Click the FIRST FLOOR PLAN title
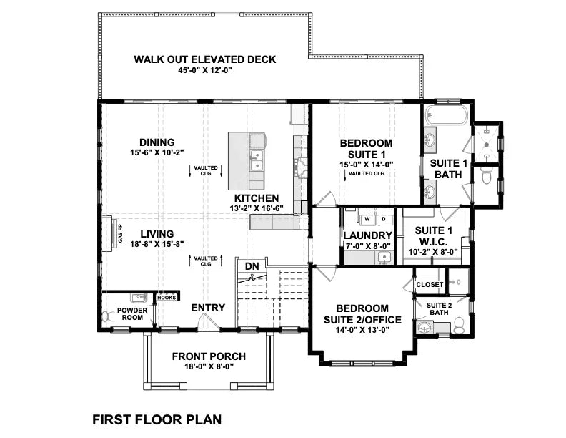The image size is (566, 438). tap(157, 419)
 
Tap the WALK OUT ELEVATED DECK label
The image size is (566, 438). tap(204, 59)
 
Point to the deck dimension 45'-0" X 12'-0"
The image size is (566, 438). tap(204, 70)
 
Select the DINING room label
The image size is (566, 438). tap(157, 142)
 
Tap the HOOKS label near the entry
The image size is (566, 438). tap(167, 297)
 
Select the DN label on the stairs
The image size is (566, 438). tap(252, 266)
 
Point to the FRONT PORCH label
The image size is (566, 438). tap(209, 356)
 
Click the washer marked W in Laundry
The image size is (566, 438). tap(367, 218)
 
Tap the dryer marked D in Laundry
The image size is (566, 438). tap(382, 218)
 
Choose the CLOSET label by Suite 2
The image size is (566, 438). tap(429, 285)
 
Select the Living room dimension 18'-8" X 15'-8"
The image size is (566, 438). tap(157, 245)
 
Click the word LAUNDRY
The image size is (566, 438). tap(367, 235)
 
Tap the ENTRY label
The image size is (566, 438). tap(208, 308)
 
